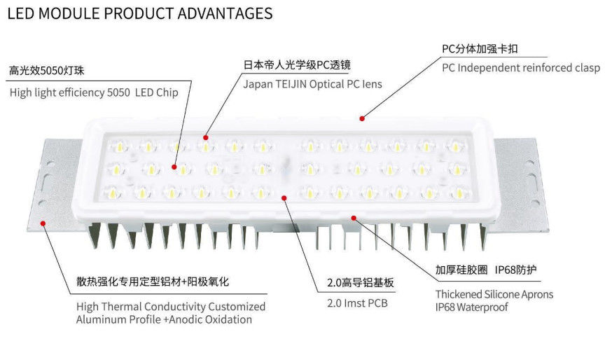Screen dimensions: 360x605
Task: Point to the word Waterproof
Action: tap(476, 307)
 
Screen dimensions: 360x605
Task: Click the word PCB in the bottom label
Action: tap(375, 303)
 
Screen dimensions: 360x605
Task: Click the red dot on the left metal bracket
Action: tap(43, 223)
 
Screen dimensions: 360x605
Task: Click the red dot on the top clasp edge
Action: tap(363, 118)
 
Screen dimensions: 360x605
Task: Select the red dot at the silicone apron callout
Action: tap(354, 217)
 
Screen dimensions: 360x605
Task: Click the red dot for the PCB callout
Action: tap(284, 197)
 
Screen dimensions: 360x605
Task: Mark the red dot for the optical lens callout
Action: tap(205, 137)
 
